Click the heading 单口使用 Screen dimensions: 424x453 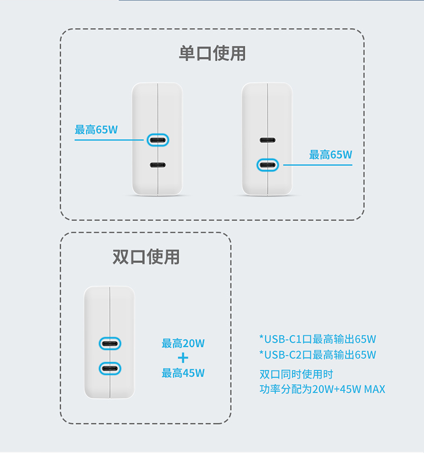pos(213,54)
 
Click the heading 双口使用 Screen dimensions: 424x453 pos(146,257)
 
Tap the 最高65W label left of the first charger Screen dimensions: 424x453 pos(96,130)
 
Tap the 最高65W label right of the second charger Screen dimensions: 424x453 pos(331,155)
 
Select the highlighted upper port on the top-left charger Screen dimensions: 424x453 pos(158,140)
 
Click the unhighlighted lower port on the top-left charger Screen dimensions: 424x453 pos(158,165)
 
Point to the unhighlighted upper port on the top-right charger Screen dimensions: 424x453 pos(267,140)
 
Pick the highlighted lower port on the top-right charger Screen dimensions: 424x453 pos(267,165)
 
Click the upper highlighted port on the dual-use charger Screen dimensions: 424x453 pos(109,344)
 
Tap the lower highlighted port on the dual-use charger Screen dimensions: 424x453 pos(109,369)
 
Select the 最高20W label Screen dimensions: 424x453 pos(183,344)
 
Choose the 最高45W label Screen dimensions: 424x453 pos(183,373)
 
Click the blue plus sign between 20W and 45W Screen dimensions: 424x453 pos(183,358)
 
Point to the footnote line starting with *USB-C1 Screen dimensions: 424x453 pos(318,339)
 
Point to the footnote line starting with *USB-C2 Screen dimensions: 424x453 pos(318,355)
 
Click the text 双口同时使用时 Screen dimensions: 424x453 pos(296,375)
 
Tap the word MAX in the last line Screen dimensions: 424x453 pos(375,390)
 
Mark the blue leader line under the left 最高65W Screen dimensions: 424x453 pos(109,140)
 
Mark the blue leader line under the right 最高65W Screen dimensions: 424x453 pos(318,165)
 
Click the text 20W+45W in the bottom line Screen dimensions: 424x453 pos(337,390)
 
